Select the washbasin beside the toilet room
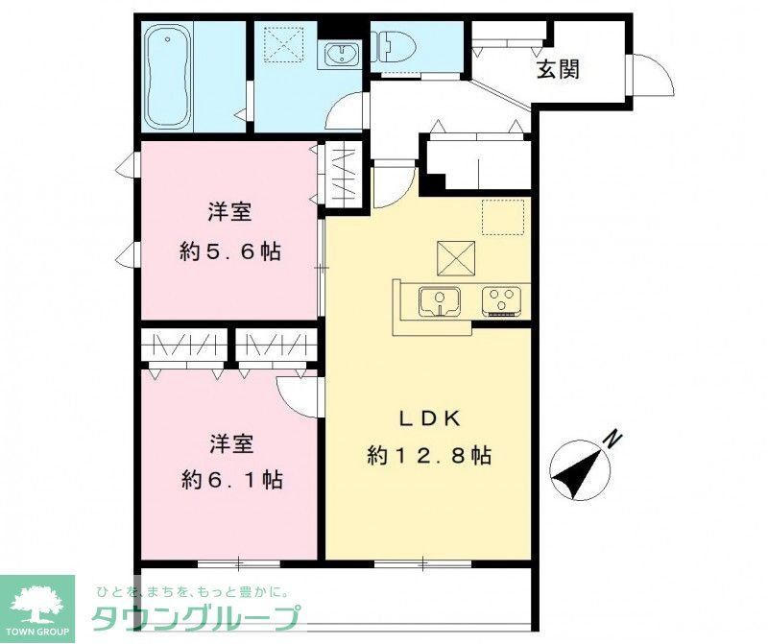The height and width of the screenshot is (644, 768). (340, 55)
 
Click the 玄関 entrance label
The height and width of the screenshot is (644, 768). (558, 70)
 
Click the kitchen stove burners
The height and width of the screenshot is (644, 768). (500, 301)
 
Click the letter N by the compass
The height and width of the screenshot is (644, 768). (612, 441)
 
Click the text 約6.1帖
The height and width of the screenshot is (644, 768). (231, 479)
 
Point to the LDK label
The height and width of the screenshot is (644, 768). (431, 418)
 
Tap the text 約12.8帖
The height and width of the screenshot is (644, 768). (429, 456)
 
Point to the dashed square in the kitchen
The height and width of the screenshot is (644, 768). (502, 217)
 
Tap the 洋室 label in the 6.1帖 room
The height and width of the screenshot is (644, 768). (231, 443)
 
